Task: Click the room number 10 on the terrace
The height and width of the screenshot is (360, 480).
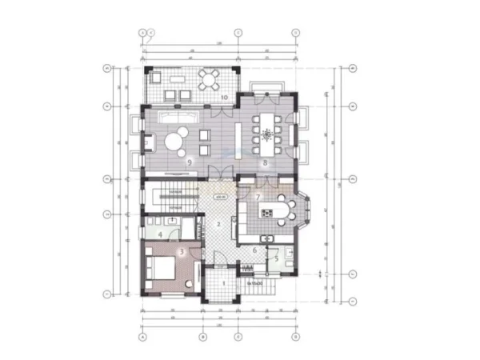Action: click(x=225, y=97)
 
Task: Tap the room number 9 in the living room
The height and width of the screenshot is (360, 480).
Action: click(x=190, y=162)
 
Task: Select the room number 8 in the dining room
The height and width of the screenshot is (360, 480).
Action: click(x=265, y=162)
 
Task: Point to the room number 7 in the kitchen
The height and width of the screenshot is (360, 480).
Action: click(x=258, y=197)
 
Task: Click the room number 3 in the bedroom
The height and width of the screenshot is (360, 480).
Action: click(x=182, y=252)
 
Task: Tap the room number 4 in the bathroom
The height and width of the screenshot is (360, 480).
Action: click(x=160, y=234)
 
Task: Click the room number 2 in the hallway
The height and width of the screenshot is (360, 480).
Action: click(x=218, y=223)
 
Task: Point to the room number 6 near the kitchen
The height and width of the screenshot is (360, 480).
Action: click(x=254, y=250)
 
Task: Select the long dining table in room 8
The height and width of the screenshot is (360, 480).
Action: click(x=265, y=133)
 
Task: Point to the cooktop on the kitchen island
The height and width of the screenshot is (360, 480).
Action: click(x=269, y=213)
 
